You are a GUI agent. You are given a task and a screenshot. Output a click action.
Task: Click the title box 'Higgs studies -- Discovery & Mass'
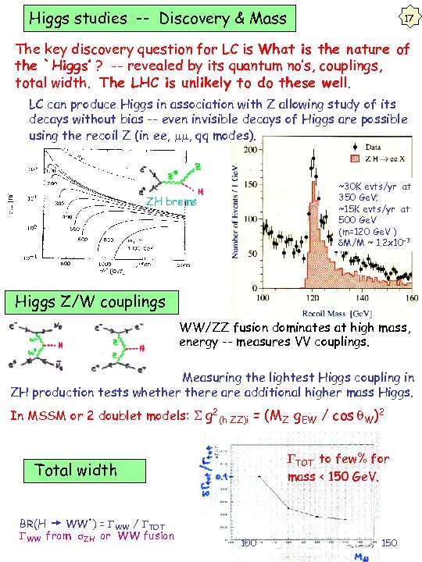[157, 17]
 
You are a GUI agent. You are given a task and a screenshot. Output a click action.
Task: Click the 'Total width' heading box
[77, 470]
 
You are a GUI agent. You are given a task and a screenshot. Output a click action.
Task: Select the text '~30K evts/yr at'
[374, 187]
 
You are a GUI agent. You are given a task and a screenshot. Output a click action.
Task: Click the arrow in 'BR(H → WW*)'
[56, 523]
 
